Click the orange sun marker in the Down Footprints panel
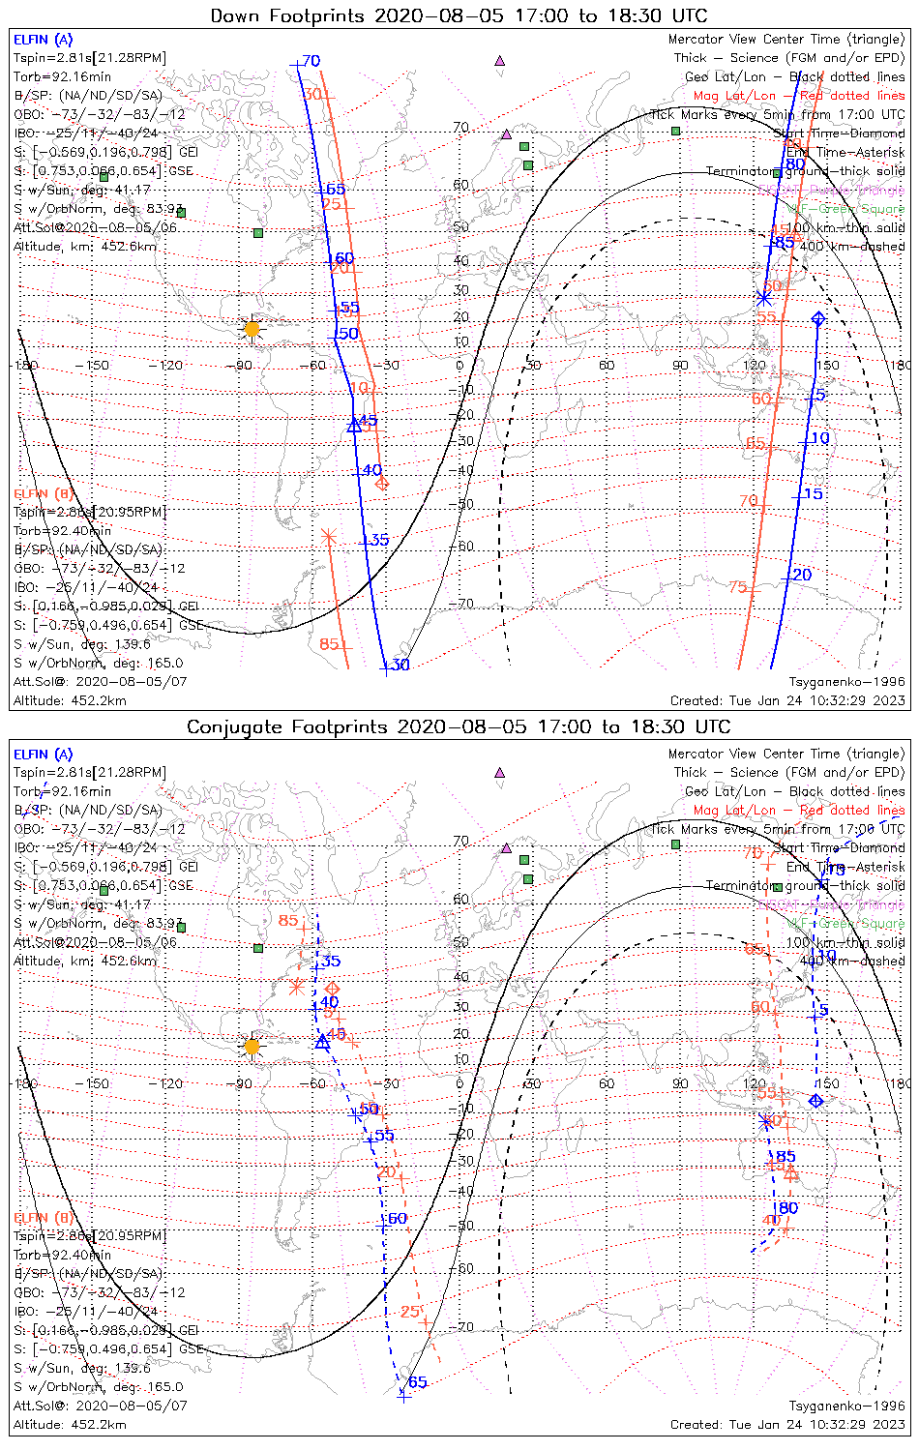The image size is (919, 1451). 252,329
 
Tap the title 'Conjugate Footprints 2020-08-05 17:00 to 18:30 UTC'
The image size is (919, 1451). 459,726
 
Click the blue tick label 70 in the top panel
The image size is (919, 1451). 311,61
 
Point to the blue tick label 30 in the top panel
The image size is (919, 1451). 400,665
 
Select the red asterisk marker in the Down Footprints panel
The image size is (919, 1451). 329,536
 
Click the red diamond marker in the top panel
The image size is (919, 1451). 382,483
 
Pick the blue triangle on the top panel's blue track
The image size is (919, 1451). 354,424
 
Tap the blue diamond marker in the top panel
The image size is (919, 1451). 818,318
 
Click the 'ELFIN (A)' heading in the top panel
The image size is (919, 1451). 43,40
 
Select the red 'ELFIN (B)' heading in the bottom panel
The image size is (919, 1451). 43,1217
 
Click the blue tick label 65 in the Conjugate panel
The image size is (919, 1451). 417,1381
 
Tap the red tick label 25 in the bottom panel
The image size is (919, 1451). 410,1312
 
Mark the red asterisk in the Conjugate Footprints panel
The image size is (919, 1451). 298,987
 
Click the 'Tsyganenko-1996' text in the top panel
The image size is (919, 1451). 846,682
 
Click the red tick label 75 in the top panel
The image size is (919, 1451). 738,587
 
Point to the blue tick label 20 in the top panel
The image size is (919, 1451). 802,575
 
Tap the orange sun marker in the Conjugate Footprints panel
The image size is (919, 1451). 252,1047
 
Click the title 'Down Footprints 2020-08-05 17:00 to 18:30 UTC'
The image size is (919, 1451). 459,15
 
